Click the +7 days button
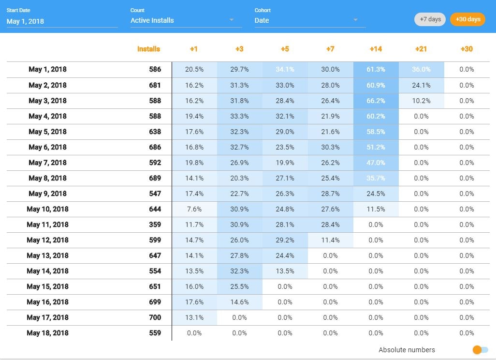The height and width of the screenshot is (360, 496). [430, 19]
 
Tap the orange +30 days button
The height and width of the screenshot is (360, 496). [467, 19]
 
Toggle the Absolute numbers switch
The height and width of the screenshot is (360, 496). [481, 350]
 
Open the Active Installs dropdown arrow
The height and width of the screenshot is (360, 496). [232, 20]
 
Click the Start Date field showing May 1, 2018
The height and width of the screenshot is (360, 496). [62, 21]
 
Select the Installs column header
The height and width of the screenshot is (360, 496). [148, 49]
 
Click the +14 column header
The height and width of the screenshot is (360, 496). [376, 49]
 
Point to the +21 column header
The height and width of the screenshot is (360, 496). [421, 49]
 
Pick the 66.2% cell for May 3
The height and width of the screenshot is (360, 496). [376, 101]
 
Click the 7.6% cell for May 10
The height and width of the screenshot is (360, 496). [194, 209]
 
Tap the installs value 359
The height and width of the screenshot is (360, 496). [155, 225]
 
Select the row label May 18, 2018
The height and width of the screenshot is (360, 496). [47, 333]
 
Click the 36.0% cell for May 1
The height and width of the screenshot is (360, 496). [421, 69]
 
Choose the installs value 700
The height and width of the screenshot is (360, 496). [155, 317]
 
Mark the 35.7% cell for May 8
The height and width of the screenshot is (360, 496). [376, 178]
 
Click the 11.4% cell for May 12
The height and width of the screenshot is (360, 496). [330, 240]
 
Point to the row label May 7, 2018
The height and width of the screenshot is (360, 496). [47, 163]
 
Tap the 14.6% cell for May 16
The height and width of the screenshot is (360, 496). [239, 302]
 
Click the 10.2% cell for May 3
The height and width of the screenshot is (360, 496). [421, 101]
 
